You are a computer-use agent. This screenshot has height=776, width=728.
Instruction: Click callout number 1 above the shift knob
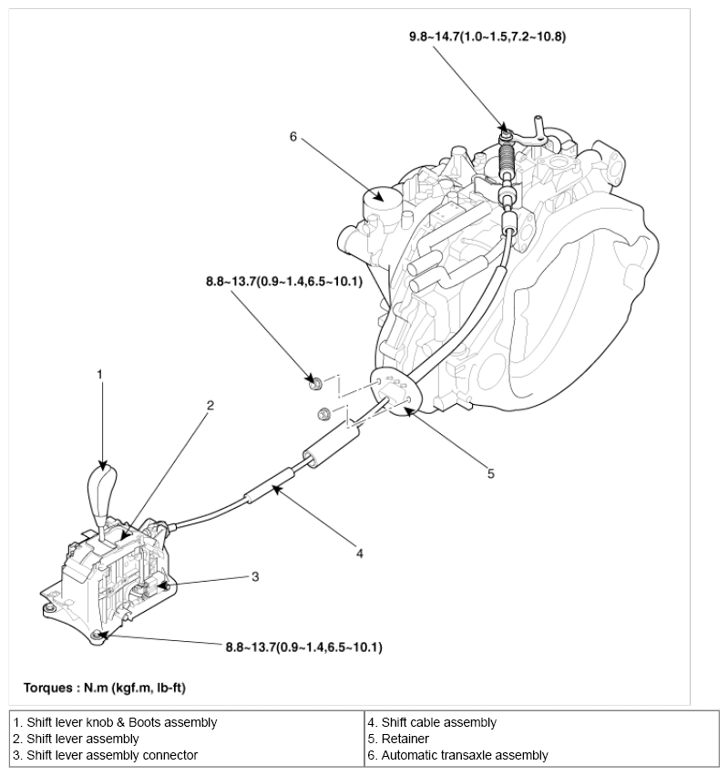[x=101, y=373]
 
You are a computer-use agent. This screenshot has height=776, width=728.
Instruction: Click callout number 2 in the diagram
[x=210, y=406]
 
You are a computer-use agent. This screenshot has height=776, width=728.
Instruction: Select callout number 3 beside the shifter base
[x=256, y=575]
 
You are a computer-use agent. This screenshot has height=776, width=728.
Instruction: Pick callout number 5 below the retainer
[x=490, y=473]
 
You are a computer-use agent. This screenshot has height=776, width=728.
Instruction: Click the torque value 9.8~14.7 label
[x=488, y=37]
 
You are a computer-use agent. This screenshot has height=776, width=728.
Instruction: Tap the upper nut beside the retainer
[x=314, y=384]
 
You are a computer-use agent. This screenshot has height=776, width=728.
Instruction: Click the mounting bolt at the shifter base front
[x=97, y=636]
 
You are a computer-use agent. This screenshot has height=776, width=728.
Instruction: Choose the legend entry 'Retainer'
[x=405, y=739]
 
